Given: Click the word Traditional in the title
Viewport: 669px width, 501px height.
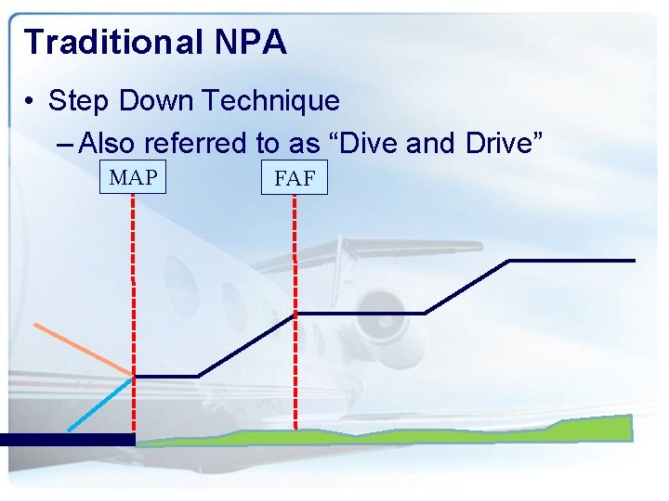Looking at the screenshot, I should pyautogui.click(x=111, y=42).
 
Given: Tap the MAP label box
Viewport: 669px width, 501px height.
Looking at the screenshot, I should pyautogui.click(x=133, y=177).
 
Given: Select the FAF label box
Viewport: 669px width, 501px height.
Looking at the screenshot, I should pyautogui.click(x=295, y=178).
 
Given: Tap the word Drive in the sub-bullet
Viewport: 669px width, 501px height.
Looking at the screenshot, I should pyautogui.click(x=509, y=143).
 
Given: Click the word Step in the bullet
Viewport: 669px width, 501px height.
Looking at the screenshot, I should pyautogui.click(x=75, y=100).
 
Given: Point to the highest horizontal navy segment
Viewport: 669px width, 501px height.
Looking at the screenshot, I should pyautogui.click(x=571, y=261).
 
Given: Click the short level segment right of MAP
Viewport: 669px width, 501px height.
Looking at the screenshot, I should pyautogui.click(x=167, y=376).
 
